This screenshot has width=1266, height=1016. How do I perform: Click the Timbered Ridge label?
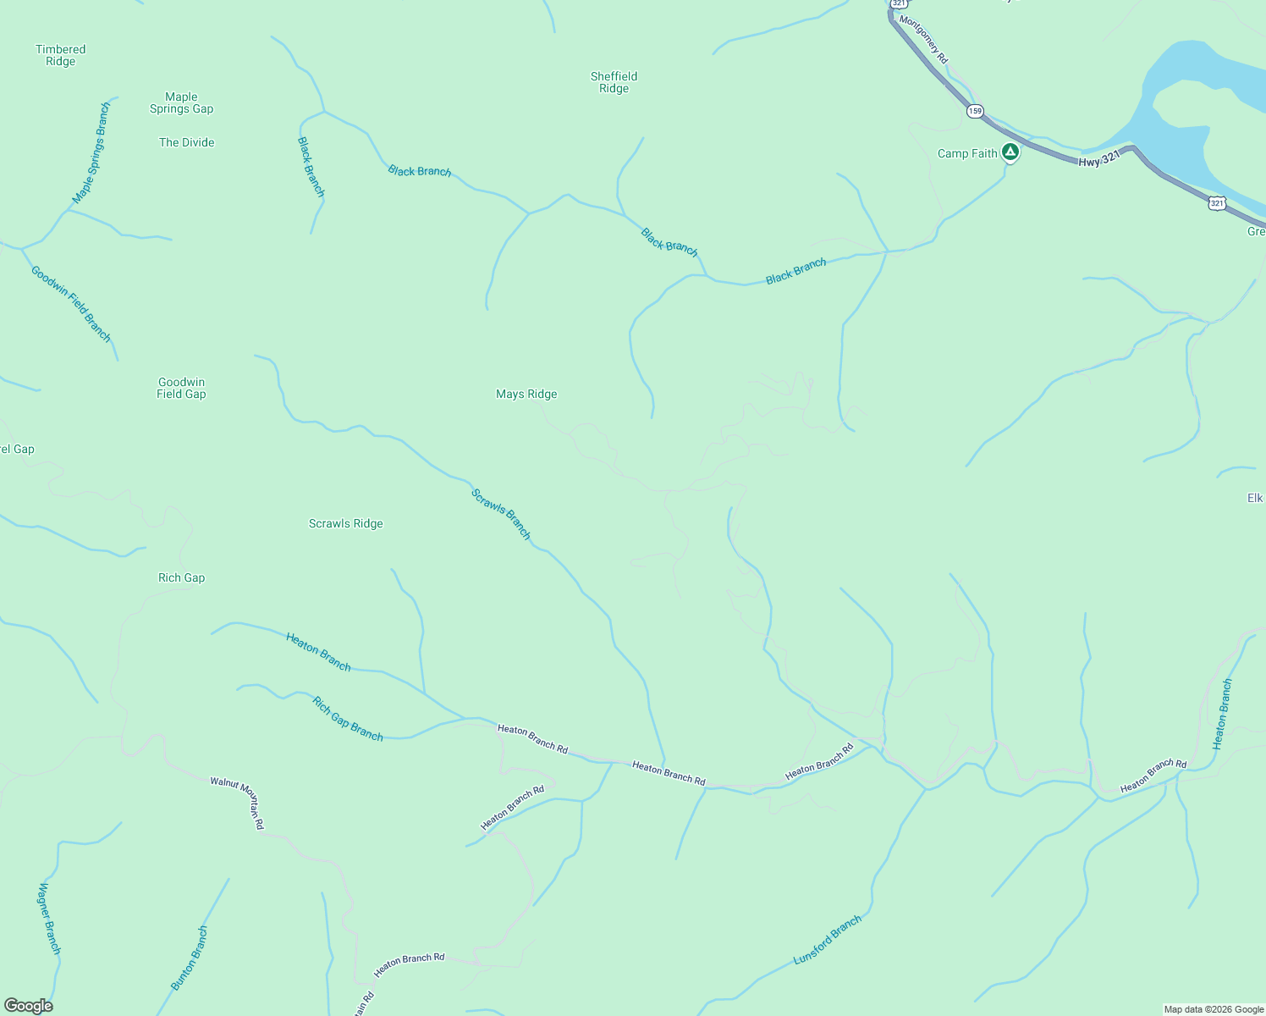[x=61, y=55]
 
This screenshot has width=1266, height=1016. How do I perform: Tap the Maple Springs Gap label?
[x=181, y=102]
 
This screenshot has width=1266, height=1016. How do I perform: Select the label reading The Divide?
[x=187, y=142]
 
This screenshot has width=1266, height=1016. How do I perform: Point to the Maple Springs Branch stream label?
[x=91, y=153]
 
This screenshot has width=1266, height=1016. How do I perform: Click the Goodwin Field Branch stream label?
[x=71, y=304]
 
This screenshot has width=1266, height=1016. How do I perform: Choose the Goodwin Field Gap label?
[x=181, y=388]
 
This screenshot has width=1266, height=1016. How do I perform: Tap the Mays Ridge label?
[x=526, y=394]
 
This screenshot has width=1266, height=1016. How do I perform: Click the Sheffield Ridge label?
[x=614, y=82]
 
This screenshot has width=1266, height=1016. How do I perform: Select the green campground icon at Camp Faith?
[x=1010, y=152]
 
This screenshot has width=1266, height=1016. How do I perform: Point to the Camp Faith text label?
[x=967, y=153]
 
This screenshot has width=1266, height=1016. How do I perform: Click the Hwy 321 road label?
[x=1099, y=158]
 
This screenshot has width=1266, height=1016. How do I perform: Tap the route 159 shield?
[x=976, y=111]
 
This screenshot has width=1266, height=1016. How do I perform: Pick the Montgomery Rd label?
[x=924, y=39]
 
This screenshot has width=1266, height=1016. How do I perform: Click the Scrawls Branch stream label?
[x=501, y=514]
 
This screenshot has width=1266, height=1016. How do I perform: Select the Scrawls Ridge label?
[x=346, y=523]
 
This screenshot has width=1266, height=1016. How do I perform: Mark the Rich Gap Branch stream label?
[x=348, y=719]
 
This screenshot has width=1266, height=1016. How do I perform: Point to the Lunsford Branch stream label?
[x=828, y=940]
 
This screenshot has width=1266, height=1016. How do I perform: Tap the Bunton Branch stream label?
[x=190, y=958]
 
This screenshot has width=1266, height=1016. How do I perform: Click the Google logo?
[x=28, y=1006]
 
